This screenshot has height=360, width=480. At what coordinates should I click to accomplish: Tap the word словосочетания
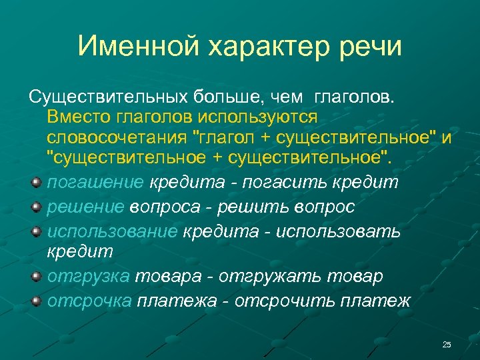coord(117,137)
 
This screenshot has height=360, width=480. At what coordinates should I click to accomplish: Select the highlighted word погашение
coord(95,183)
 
